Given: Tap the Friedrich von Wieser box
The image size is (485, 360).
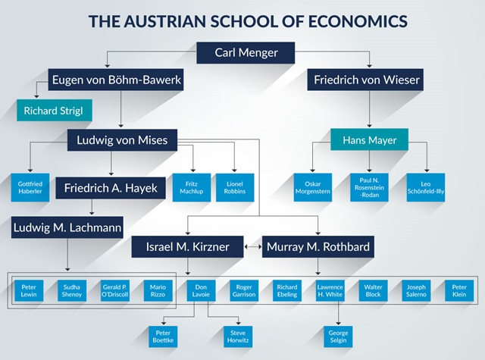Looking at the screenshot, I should coord(365,80).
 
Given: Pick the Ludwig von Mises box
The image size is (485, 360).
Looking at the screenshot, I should coord(122,139).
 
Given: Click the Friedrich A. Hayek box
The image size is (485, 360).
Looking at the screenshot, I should coord(111,188).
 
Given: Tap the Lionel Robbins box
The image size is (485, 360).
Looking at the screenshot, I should coord(235,186).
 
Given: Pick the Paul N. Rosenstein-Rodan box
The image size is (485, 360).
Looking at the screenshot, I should coord(369,186).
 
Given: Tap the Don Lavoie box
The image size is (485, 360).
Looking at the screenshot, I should coord(202,291).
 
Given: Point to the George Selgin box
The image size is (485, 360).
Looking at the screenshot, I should coord(336,336).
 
